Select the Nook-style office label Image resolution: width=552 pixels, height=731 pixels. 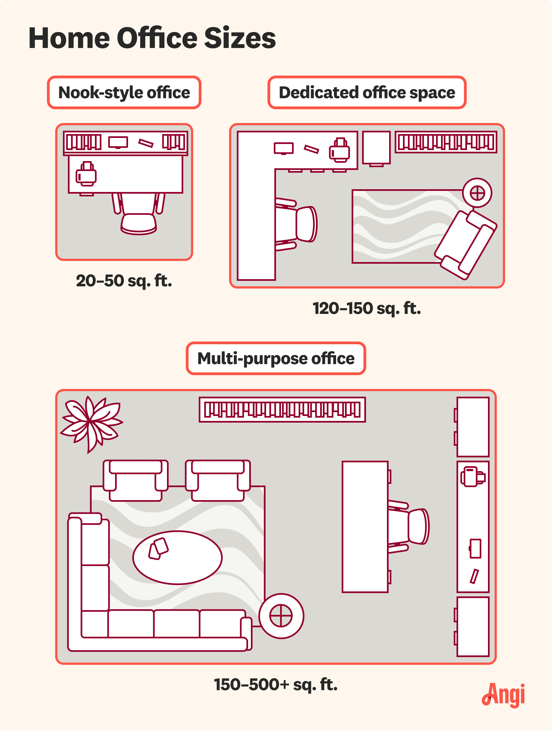(124, 92)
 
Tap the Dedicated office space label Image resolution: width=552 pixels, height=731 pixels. (367, 92)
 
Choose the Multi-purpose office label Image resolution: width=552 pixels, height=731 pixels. (276, 358)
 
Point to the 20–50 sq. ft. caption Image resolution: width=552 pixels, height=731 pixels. (124, 281)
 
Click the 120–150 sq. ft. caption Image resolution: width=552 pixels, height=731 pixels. (367, 308)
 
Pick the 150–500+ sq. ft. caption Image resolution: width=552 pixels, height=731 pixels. (276, 684)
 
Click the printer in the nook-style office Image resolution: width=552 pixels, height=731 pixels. (86, 174)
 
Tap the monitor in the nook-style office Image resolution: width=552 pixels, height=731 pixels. (118, 142)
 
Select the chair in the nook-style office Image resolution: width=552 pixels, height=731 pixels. (139, 215)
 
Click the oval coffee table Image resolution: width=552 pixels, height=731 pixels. (177, 557)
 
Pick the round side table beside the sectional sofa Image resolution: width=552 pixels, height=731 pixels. (281, 616)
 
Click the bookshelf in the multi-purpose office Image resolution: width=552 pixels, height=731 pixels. (282, 410)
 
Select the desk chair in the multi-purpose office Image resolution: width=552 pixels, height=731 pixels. (408, 526)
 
